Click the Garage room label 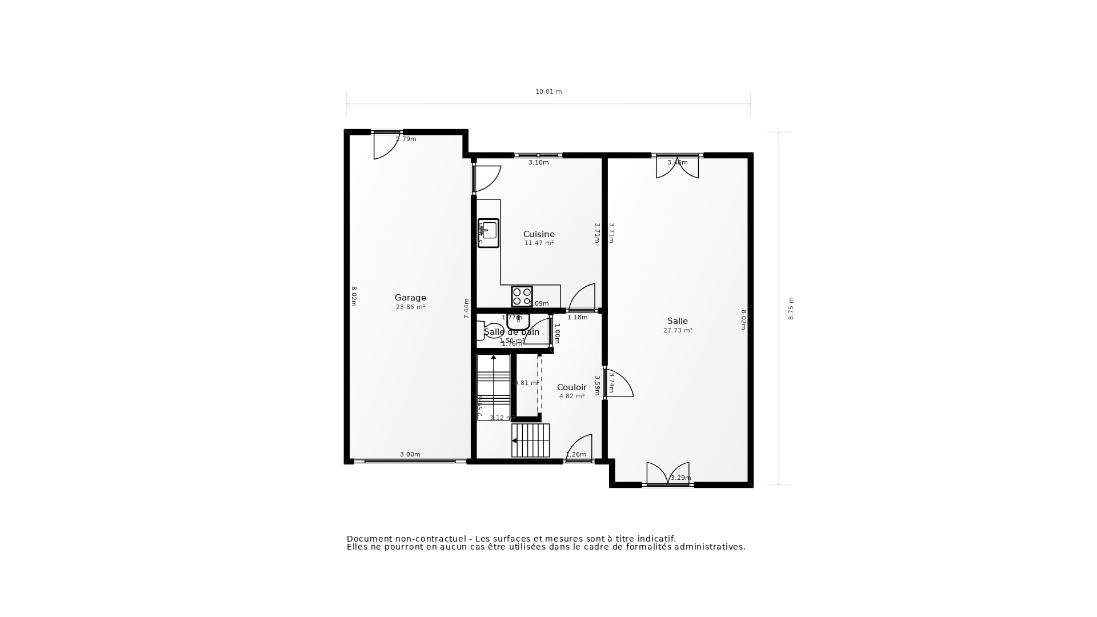pos(410,298)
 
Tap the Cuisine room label pos(539,234)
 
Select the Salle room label pos(677,321)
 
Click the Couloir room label pos(571,387)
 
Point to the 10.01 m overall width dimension pos(548,91)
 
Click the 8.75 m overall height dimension pos(791,308)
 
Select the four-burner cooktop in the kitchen pos(522,297)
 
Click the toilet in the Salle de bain pos(490,331)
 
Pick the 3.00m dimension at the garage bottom pos(410,454)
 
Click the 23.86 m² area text pos(410,307)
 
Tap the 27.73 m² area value pos(678,330)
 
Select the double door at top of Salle pos(677,167)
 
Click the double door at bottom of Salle pos(667,474)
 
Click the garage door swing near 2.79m pos(386,146)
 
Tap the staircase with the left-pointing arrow pos(530,440)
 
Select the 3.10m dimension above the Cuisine pos(538,162)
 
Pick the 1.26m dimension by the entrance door pos(575,455)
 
